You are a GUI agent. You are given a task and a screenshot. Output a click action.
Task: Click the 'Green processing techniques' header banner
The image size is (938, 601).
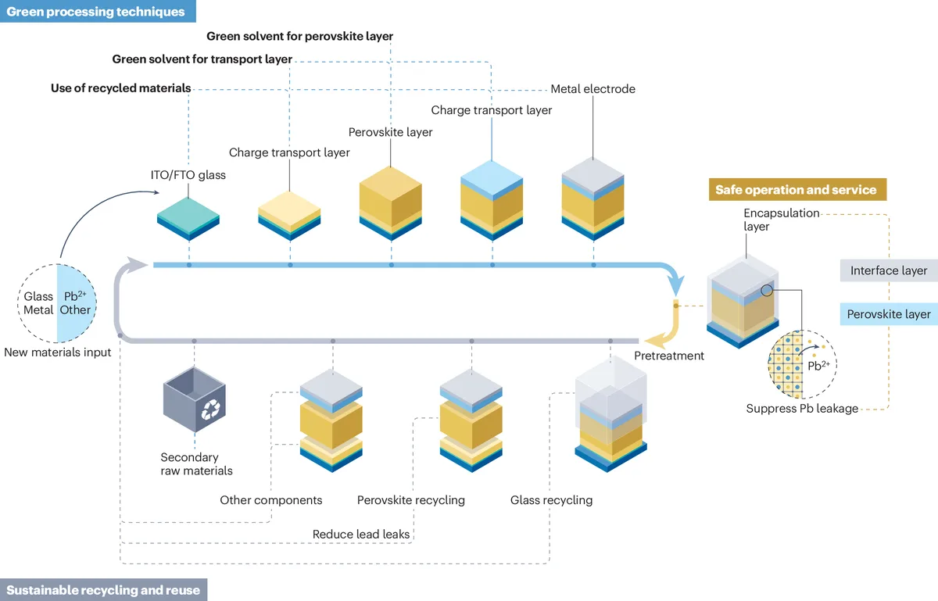pyautogui.click(x=96, y=12)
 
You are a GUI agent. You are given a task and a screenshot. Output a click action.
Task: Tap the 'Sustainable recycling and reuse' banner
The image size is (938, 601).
pyautogui.click(x=103, y=590)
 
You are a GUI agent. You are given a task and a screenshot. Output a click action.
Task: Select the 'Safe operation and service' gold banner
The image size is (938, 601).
pyautogui.click(x=796, y=190)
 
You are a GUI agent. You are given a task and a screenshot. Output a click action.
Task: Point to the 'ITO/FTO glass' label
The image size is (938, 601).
pyautogui.click(x=188, y=175)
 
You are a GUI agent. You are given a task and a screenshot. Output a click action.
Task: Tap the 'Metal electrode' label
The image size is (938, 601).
pyautogui.click(x=593, y=89)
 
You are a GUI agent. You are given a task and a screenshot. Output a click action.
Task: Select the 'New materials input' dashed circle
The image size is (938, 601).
pyautogui.click(x=57, y=303)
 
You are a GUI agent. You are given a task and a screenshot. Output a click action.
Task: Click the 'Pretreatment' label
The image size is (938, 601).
pyautogui.click(x=668, y=356)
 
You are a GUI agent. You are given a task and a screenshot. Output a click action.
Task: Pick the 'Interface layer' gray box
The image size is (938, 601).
pyautogui.click(x=889, y=270)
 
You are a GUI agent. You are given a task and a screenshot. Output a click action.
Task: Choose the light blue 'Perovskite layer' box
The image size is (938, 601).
pyautogui.click(x=889, y=314)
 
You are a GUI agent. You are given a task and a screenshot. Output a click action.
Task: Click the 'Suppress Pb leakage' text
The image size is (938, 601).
pyautogui.click(x=802, y=408)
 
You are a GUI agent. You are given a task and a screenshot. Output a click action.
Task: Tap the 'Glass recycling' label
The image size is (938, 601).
pyautogui.click(x=551, y=499)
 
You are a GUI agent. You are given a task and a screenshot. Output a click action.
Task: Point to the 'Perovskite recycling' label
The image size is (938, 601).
pyautogui.click(x=410, y=499)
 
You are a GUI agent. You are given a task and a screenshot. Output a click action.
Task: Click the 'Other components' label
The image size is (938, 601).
pyautogui.click(x=270, y=499)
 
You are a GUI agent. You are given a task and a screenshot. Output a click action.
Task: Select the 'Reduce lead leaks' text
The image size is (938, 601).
pyautogui.click(x=361, y=535)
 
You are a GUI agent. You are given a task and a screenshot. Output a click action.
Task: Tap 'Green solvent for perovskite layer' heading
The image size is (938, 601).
pyautogui.click(x=299, y=36)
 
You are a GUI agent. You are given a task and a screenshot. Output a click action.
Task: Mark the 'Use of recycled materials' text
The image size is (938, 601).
pyautogui.click(x=120, y=88)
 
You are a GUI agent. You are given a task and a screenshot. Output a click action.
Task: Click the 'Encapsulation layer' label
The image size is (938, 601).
pyautogui.click(x=770, y=220)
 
